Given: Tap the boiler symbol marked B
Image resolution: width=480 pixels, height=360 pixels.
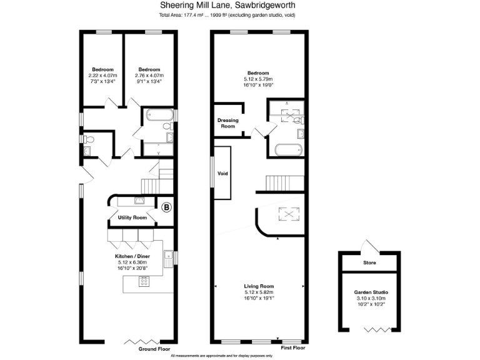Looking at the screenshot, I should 166,207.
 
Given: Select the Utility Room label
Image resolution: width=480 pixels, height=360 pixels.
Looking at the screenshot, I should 132,217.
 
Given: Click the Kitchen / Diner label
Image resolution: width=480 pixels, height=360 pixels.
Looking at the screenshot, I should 131,256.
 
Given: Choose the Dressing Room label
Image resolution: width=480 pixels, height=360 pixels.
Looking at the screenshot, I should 227,123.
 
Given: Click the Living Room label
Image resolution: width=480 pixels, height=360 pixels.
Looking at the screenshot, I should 259,286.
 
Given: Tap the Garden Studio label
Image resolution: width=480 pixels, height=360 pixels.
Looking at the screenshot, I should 371,292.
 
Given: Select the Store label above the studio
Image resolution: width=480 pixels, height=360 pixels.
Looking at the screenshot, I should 370,262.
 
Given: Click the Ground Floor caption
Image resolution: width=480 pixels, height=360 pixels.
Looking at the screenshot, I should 154,349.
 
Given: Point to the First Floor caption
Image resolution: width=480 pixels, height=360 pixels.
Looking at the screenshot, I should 292,347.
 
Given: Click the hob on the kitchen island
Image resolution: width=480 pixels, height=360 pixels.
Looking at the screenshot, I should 144,281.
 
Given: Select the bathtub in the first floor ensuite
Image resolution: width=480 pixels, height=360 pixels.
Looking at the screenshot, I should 288,150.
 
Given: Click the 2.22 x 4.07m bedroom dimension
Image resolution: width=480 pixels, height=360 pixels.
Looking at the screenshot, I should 102,76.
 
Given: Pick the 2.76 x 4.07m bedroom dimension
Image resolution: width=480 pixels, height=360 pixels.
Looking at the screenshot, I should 149,76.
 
